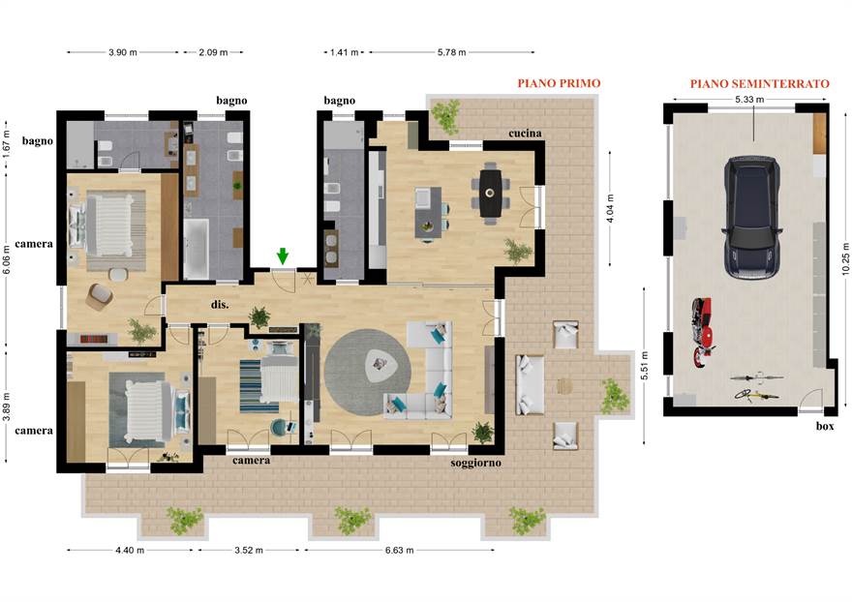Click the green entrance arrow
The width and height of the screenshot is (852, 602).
click(282, 256)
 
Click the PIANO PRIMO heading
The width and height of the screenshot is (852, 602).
click(559, 83)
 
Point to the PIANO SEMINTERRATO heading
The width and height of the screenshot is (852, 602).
click(760, 83)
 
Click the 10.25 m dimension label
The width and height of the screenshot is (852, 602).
click(845, 258)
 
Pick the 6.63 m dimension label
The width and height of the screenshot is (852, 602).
click(399, 550)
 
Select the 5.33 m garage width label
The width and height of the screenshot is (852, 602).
click(749, 100)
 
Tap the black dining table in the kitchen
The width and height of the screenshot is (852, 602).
click(490, 193)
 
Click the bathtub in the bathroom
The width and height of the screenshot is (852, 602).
click(197, 250)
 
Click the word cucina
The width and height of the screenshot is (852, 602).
click(525, 134)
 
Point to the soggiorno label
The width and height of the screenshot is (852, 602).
click(475, 463)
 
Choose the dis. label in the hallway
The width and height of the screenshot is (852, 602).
click(220, 304)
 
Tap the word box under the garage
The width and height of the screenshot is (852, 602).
click(825, 427)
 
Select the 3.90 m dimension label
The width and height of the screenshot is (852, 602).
click(123, 52)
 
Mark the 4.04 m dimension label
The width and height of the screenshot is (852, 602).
click(610, 209)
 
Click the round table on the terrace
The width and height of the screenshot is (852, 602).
click(564, 386)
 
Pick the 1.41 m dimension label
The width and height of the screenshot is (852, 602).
click(344, 52)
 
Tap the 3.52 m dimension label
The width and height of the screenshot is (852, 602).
click(249, 550)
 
